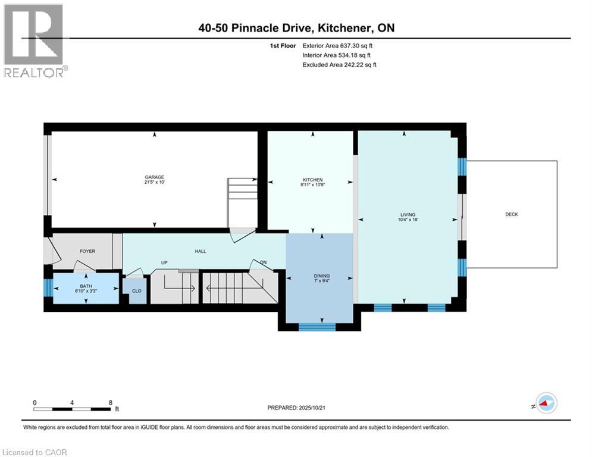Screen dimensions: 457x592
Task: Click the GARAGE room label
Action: coord(154,177)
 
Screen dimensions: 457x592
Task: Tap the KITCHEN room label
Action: coord(312,180)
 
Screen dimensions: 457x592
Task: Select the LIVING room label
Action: coord(408,215)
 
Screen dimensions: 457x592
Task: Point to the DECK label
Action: coord(511,214)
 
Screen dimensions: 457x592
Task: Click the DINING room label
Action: coord(322,276)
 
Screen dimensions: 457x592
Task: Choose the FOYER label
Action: coord(87,251)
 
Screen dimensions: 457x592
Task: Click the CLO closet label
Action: coord(136,291)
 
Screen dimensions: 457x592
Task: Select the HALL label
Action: coord(201,251)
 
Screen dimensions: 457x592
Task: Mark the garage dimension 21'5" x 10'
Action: coord(154,183)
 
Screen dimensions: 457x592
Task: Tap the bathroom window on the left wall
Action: coord(48,288)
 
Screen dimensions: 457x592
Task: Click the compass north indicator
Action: coord(544,403)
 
